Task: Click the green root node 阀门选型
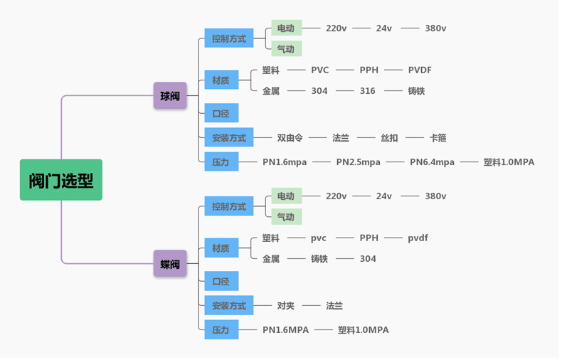coord(61,180)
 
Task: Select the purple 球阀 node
coord(170,95)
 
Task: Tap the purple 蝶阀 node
coord(170,264)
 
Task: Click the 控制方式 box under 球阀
coord(228,39)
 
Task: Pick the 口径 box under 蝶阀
coord(221,282)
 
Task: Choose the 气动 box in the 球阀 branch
coord(285,49)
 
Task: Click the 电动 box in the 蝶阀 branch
coord(285,196)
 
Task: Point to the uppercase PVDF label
coord(420,70)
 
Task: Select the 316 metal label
coord(367,91)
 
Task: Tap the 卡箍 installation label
coord(438,138)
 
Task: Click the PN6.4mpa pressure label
coord(432,162)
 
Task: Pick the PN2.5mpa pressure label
coord(358,162)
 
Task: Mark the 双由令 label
coord(290,138)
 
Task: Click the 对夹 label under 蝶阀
coord(285,306)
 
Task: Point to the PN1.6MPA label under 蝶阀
coord(285,330)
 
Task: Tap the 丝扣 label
coord(389,138)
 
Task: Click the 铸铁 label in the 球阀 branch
coord(416,91)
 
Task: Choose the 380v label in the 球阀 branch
coord(435,28)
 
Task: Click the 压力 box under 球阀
coord(221,162)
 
